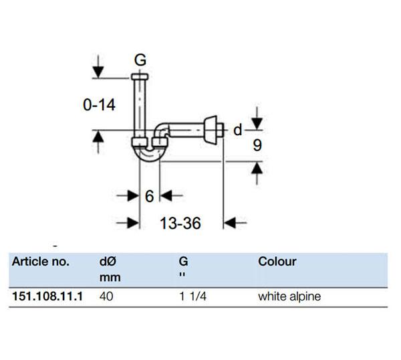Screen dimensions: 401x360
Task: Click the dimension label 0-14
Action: click(x=99, y=105)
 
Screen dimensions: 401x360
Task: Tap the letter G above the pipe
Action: click(x=140, y=60)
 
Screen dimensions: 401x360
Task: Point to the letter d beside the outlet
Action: click(x=237, y=130)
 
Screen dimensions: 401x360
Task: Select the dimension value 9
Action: click(x=257, y=145)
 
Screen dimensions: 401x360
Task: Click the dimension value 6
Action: click(x=149, y=196)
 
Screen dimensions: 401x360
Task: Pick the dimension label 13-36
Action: click(x=180, y=223)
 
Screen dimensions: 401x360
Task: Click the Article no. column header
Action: click(x=41, y=262)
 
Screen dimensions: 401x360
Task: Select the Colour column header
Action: click(x=277, y=262)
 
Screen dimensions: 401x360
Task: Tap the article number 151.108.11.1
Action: click(x=47, y=296)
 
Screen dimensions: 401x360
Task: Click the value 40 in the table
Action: click(x=106, y=296)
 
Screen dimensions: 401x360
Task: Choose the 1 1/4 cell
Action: click(x=193, y=296)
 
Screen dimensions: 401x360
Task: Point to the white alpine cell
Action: click(x=289, y=296)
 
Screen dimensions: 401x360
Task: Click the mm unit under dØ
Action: click(x=110, y=278)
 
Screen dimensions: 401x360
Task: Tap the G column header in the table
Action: click(x=184, y=262)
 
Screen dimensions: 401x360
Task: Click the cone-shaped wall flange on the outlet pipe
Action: click(x=211, y=130)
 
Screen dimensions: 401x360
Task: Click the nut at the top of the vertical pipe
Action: click(x=140, y=76)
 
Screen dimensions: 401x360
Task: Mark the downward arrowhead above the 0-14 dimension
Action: click(x=98, y=72)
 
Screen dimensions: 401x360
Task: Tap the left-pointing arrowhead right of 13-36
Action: click(x=230, y=223)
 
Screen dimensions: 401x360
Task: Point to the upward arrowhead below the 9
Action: click(x=257, y=168)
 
